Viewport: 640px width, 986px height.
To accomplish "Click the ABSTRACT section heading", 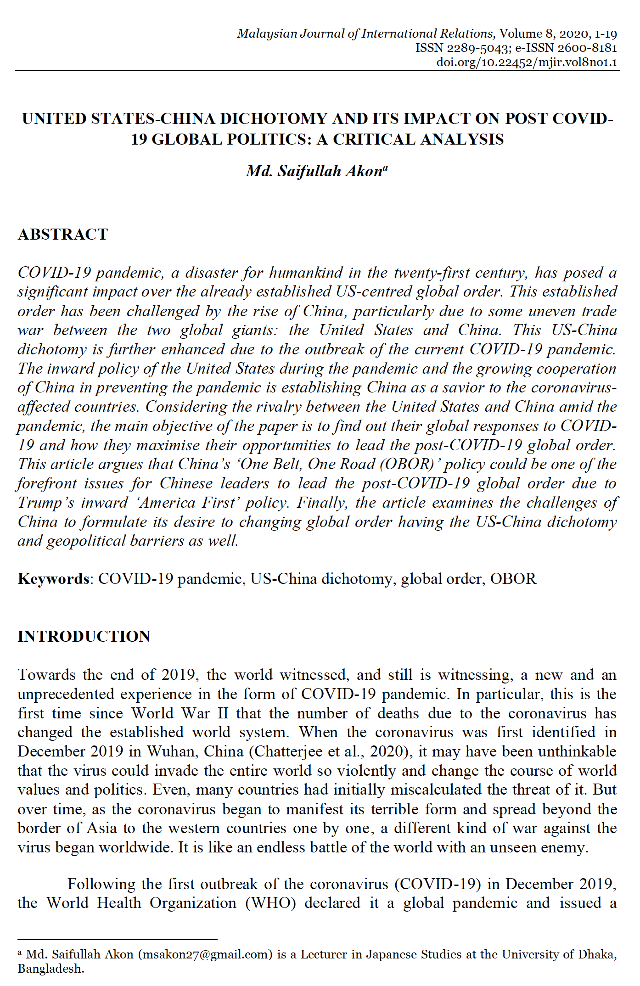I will (x=63, y=235).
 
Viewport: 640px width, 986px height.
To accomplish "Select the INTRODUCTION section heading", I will (x=84, y=637).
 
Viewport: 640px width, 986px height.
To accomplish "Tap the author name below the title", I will (x=316, y=171).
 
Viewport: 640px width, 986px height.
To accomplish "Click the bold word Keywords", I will (x=53, y=579).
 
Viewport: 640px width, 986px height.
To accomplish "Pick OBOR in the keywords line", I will (x=513, y=579).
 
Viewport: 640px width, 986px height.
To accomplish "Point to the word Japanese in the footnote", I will (x=391, y=955).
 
